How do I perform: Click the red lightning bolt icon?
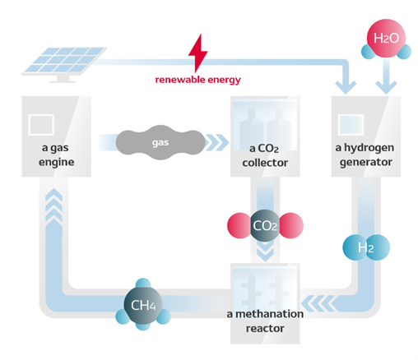coord(198,54)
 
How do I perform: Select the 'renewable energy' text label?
coord(199,81)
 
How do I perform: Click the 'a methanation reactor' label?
coord(263,320)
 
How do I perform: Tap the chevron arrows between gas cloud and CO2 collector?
coord(215,142)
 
